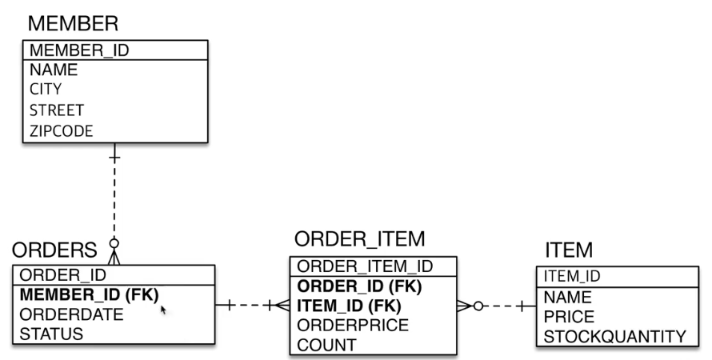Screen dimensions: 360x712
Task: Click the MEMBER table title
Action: (x=73, y=22)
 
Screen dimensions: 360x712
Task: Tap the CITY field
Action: (x=46, y=89)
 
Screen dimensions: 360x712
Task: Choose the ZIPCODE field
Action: (x=61, y=130)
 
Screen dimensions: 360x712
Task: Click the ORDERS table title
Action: (x=54, y=251)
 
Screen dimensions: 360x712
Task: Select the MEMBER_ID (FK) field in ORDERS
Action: (x=88, y=294)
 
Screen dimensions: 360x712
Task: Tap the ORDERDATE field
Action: (x=71, y=314)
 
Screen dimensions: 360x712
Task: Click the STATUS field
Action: (x=50, y=334)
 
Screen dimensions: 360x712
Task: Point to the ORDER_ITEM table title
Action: (x=359, y=239)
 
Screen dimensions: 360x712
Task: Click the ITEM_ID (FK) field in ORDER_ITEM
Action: (x=349, y=306)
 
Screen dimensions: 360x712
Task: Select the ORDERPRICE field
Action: (x=353, y=326)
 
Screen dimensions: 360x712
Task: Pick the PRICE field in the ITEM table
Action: (x=569, y=317)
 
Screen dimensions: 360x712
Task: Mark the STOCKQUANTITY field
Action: (x=614, y=337)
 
